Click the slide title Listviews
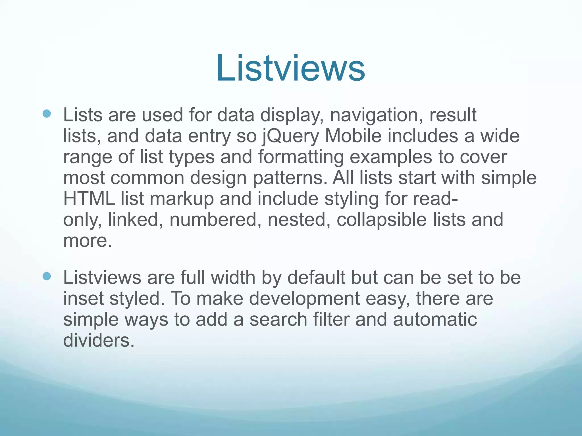290,68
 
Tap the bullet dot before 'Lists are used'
47,114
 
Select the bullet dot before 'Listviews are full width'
47,276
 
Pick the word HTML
89,199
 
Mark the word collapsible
382,220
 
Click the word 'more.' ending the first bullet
88,241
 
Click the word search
278,319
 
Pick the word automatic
435,319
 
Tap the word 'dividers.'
98,340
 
